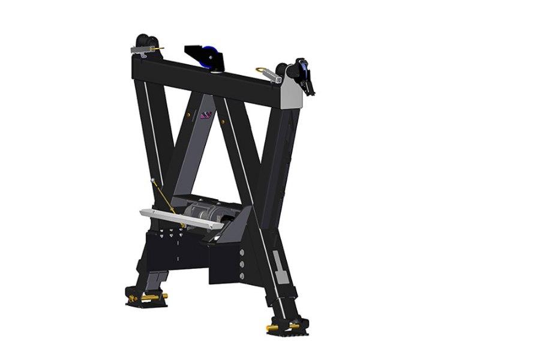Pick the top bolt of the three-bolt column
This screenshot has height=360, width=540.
point(241,253)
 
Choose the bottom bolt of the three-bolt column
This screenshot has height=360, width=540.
point(241,275)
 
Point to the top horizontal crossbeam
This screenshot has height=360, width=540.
point(210,78)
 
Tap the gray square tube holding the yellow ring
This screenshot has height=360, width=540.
point(272,76)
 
